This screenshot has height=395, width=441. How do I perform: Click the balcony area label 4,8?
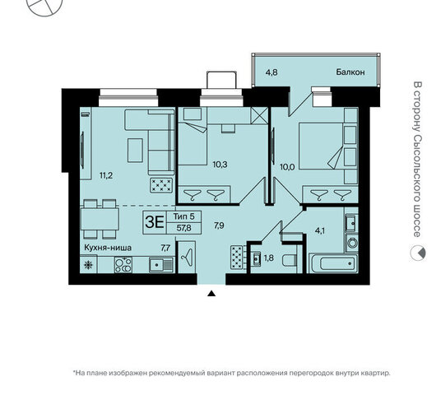[272, 72]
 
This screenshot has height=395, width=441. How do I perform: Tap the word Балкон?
[350, 72]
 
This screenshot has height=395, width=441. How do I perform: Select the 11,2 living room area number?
[106, 175]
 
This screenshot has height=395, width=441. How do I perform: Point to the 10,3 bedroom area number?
[220, 165]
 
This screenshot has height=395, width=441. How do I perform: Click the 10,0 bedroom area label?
[287, 167]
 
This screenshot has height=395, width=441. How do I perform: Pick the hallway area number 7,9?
[219, 225]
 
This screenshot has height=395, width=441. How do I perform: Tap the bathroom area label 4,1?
[320, 231]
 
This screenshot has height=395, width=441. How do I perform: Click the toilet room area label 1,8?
[269, 258]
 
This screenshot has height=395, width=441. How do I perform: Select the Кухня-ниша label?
[108, 248]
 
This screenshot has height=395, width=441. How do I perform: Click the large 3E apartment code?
[155, 222]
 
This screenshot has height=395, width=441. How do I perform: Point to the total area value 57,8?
[184, 228]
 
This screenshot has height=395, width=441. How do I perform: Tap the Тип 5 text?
[184, 216]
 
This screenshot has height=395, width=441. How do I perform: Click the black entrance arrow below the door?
[211, 294]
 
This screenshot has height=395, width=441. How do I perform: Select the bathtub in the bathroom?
[333, 263]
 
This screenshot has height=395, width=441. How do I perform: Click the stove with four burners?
[123, 265]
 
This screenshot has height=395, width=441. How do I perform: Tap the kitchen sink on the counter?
[161, 265]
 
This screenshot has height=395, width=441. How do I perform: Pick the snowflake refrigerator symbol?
[88, 265]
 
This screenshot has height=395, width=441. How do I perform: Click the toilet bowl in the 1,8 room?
[289, 260]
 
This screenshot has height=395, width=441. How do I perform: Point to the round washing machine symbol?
[351, 242]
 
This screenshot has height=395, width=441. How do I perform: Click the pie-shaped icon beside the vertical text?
[418, 253]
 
